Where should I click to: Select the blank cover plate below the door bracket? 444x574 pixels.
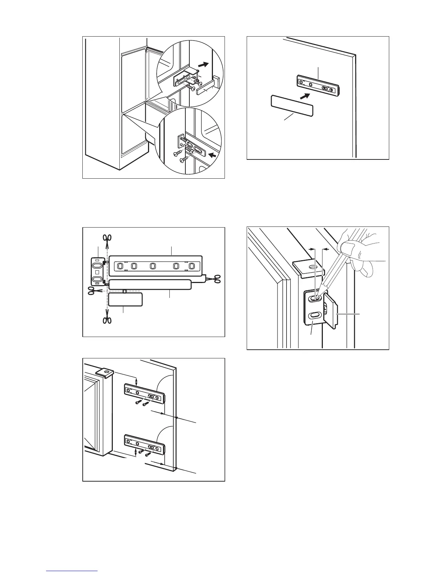(292, 106)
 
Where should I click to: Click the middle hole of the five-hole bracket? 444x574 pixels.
(153, 266)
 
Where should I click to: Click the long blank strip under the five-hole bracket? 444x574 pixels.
(150, 285)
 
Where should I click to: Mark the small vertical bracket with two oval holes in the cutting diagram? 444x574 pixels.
(97, 272)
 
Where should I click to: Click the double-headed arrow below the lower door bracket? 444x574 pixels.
(136, 452)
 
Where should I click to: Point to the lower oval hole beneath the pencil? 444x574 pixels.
(313, 315)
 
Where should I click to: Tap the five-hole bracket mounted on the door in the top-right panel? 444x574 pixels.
(318, 86)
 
